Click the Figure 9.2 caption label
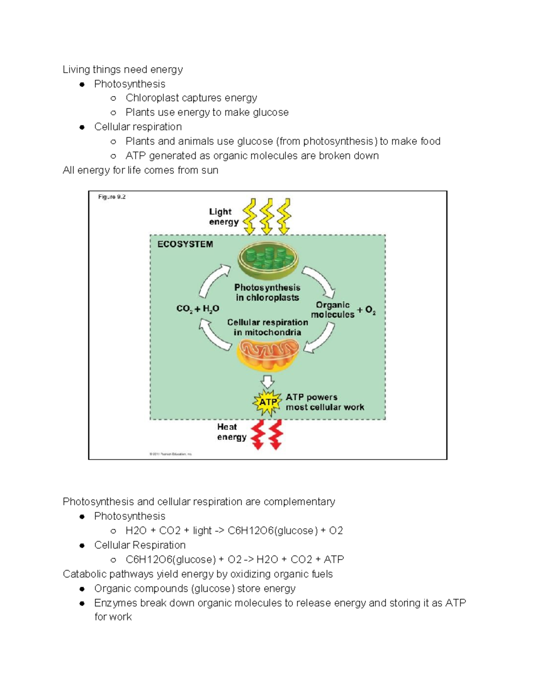[x=112, y=197]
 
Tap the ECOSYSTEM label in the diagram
[x=185, y=244]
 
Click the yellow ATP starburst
[x=267, y=402]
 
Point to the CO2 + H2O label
[x=198, y=309]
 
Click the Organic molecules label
[x=333, y=310]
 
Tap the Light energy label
[x=223, y=217]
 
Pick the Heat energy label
[x=231, y=432]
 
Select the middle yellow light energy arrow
[x=267, y=217]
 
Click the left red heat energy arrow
[x=258, y=434]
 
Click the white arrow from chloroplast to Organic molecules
[x=320, y=281]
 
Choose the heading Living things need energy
[x=123, y=70]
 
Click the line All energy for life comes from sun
[x=140, y=170]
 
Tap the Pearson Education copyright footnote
[x=170, y=454]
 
